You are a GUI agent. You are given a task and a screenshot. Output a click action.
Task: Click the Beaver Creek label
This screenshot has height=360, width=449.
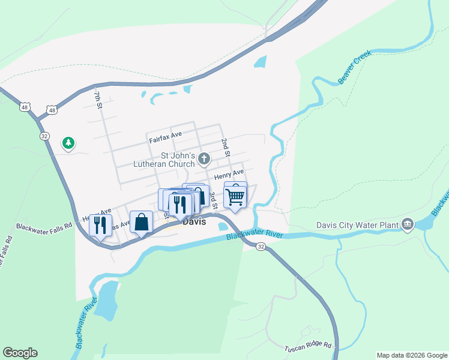[x=355, y=67]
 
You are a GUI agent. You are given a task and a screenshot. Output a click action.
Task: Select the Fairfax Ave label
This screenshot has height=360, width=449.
[x=165, y=139]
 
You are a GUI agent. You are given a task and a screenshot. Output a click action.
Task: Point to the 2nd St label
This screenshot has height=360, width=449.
[x=225, y=148]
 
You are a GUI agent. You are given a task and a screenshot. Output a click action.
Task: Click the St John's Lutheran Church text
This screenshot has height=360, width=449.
[x=164, y=159]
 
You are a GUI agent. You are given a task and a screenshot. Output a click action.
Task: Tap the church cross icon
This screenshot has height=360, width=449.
[x=204, y=159]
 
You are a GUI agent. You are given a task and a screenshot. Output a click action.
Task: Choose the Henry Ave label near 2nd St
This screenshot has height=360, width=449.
[x=229, y=175]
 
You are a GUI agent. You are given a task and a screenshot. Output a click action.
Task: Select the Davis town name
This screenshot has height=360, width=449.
[x=194, y=221]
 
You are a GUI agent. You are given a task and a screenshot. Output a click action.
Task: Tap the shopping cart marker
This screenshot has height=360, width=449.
[x=235, y=196]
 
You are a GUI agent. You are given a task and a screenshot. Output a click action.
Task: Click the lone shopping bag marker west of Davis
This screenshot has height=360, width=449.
[x=141, y=222]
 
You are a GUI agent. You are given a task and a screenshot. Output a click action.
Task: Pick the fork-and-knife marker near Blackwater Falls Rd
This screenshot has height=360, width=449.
[x=100, y=225]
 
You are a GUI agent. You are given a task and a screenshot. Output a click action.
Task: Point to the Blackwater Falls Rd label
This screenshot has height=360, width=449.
[x=44, y=227]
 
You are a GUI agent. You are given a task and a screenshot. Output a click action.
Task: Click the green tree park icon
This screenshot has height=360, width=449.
[x=68, y=143]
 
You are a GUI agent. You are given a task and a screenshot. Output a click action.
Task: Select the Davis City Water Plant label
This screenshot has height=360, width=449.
[x=357, y=226]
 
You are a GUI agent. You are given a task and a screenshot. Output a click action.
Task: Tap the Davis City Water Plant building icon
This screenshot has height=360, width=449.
[x=408, y=224]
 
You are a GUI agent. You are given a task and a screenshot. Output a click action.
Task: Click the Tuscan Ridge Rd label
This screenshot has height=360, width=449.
[x=307, y=346]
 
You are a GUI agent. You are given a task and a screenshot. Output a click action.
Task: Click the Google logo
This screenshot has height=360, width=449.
[x=20, y=353]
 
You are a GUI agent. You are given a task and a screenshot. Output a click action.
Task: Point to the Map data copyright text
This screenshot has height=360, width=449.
[x=412, y=355]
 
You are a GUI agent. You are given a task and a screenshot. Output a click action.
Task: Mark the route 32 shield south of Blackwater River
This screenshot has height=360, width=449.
[x=260, y=247]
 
